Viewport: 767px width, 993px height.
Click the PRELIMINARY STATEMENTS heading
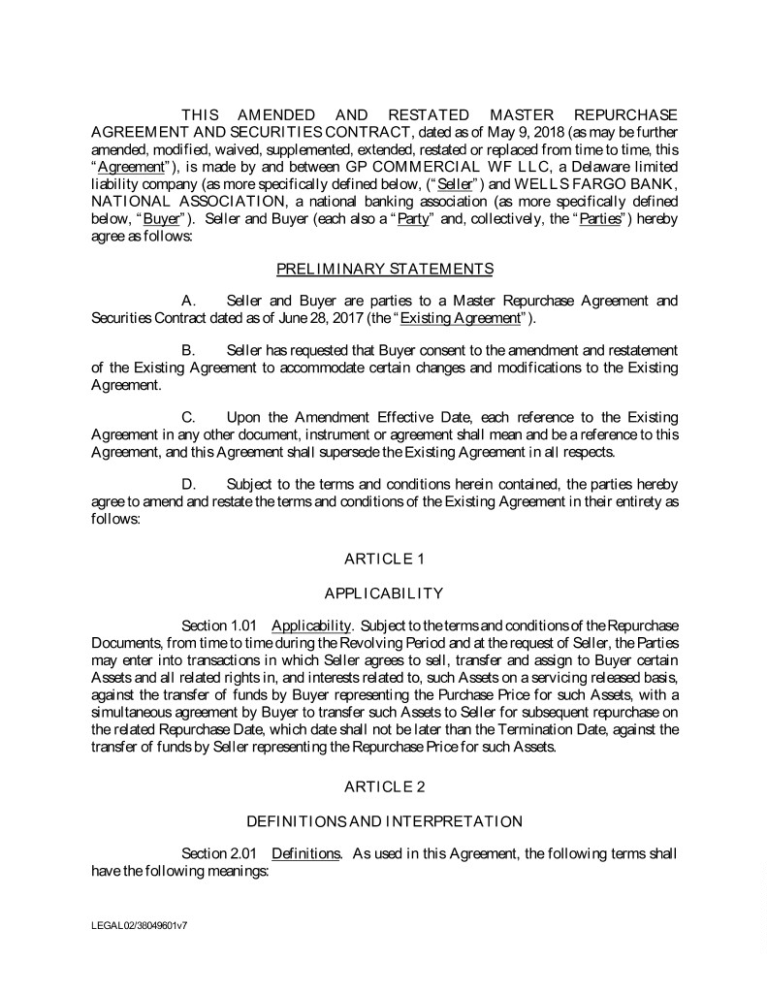point(384,268)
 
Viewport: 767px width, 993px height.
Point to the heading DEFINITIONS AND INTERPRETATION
point(384,821)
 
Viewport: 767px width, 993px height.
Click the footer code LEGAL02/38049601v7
point(140,926)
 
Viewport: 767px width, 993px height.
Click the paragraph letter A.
point(190,301)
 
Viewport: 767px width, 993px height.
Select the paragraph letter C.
point(190,417)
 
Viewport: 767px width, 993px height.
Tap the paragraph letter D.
point(190,484)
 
